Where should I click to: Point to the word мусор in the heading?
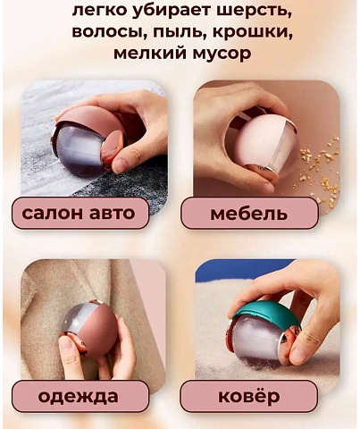[225, 54]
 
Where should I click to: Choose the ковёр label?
[249, 395]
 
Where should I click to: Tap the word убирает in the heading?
[178, 11]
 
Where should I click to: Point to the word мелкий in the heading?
[150, 54]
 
